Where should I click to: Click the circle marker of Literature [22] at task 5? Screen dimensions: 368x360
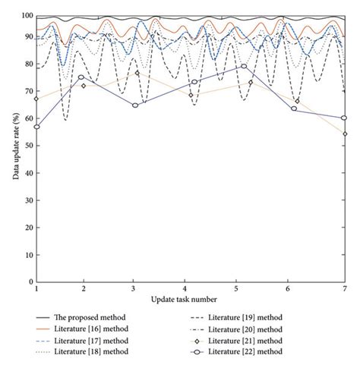pyautogui.click(x=244, y=66)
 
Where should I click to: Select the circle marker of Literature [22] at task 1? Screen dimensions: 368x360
pyautogui.click(x=36, y=127)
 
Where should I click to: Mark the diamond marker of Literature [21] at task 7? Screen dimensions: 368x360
pyautogui.click(x=345, y=134)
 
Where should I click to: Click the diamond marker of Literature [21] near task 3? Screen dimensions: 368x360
pyautogui.click(x=137, y=73)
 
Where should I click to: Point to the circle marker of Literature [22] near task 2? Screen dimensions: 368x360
pyautogui.click(x=81, y=77)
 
